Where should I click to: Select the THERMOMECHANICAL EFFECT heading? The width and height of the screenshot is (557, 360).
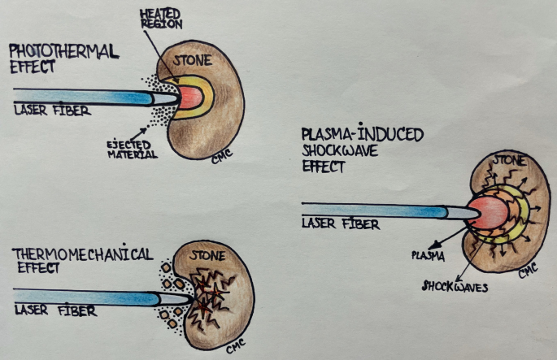point(81,260)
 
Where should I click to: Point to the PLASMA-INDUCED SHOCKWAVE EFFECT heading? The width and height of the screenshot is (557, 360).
point(361,149)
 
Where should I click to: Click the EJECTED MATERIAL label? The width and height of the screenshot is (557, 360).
point(131,149)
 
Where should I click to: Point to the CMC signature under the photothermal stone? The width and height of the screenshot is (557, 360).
point(218,154)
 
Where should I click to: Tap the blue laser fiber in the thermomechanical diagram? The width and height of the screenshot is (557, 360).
point(89,297)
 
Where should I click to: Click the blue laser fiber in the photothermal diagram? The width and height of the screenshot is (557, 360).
point(81,97)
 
